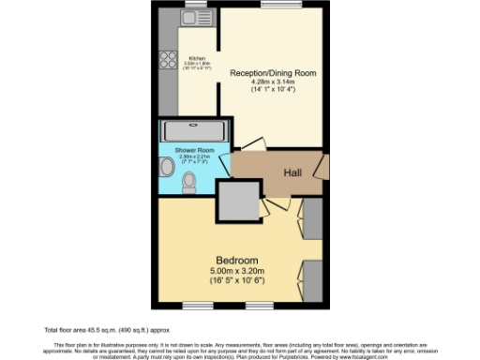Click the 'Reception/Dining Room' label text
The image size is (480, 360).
click(273, 72)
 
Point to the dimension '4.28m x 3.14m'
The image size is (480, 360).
click(273, 82)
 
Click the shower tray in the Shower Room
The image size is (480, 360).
click(192, 131)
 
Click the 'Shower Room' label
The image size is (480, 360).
click(191, 151)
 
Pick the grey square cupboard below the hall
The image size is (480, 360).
click(238, 199)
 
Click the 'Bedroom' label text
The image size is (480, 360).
click(237, 260)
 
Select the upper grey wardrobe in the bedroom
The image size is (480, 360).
click(313, 217)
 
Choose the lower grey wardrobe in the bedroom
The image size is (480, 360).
click(313, 278)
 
